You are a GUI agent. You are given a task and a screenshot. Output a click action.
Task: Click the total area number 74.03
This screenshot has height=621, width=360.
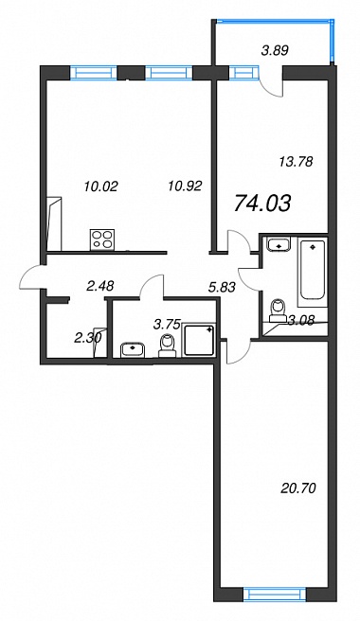[x=262, y=204]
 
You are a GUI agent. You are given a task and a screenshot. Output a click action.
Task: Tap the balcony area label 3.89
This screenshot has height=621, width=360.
[x=275, y=50]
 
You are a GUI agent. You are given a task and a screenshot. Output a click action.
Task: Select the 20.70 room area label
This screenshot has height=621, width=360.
[x=297, y=488]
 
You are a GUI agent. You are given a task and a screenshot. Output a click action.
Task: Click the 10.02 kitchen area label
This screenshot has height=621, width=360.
[x=101, y=186]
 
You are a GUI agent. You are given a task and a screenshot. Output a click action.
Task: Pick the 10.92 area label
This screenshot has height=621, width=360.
[x=185, y=185]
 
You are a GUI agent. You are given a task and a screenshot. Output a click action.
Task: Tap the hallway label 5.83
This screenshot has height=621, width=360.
[x=223, y=287]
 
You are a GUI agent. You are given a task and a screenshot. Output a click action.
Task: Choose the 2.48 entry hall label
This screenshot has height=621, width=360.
[x=100, y=285]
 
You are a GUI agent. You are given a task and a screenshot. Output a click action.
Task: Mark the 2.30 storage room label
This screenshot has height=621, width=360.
[x=89, y=337]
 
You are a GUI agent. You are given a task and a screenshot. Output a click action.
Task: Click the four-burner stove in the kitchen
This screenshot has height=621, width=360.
[x=102, y=240]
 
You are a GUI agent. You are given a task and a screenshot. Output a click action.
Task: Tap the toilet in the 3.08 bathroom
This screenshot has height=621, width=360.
[x=279, y=311]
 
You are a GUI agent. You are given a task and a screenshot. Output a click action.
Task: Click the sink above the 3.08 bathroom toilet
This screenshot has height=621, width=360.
[x=279, y=243]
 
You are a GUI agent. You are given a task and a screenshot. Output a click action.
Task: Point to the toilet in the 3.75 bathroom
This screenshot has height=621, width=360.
[x=168, y=346]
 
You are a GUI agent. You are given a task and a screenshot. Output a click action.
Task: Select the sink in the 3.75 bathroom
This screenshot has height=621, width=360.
[x=134, y=350]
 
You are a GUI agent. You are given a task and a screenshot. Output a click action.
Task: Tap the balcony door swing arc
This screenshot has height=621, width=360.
[x=269, y=89]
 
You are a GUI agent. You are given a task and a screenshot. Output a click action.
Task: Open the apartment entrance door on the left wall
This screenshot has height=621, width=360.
[x=31, y=277]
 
